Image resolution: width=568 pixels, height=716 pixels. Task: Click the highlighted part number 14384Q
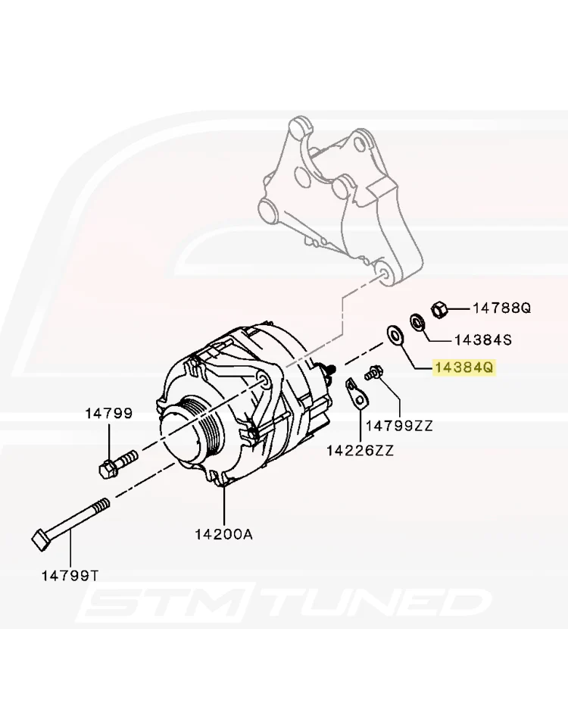[464, 367]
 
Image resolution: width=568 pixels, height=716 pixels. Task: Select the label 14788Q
[502, 308]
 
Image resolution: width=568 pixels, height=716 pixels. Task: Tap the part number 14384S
[483, 339]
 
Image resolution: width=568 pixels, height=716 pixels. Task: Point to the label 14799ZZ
[399, 426]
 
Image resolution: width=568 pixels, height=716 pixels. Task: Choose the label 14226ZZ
[360, 451]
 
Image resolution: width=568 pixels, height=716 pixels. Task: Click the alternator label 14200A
[223, 534]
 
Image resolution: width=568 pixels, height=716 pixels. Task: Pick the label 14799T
[70, 575]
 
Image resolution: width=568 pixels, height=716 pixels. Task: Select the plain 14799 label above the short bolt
[108, 413]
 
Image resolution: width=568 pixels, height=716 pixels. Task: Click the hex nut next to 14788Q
[438, 309]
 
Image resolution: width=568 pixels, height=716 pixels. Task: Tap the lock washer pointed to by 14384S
[417, 323]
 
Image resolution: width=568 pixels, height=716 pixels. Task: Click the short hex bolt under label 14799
[117, 464]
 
